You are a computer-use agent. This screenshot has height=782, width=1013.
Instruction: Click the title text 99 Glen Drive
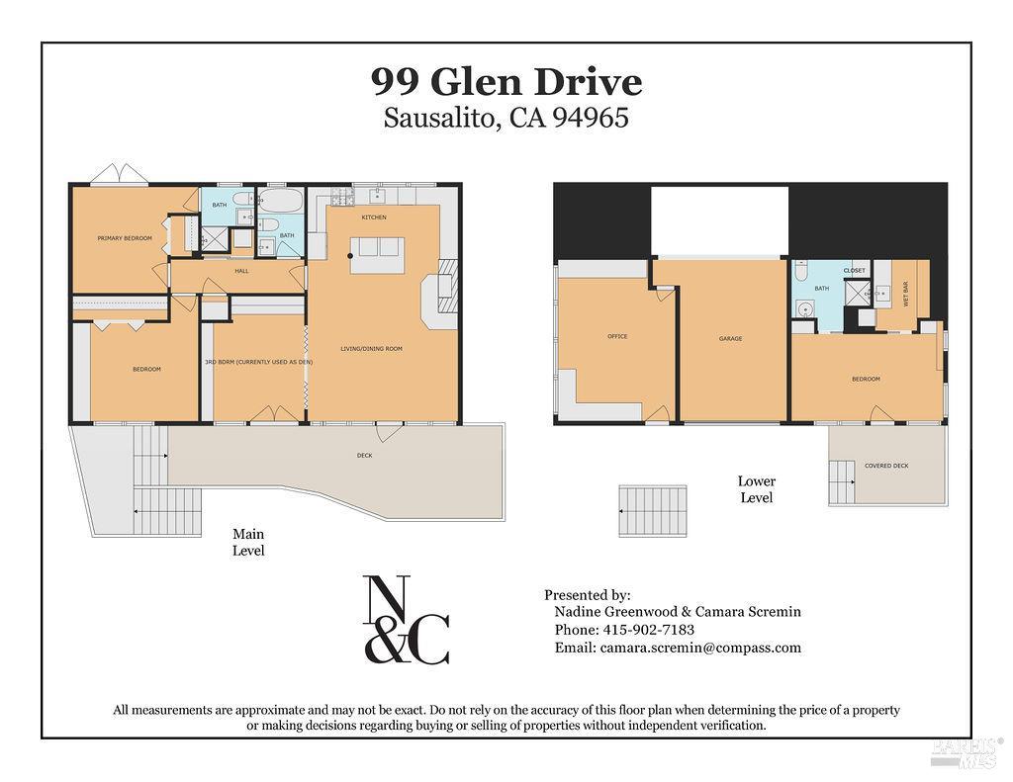click(x=506, y=81)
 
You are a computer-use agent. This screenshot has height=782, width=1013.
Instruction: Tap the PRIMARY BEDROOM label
click(x=125, y=238)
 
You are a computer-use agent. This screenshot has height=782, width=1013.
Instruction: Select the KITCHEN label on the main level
click(x=373, y=217)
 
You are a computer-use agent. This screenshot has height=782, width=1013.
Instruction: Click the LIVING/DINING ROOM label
click(x=371, y=349)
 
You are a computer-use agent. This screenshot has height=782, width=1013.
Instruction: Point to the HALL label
click(x=241, y=271)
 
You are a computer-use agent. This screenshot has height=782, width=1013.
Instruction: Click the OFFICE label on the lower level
click(x=616, y=337)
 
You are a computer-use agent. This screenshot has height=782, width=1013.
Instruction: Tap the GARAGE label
click(x=730, y=339)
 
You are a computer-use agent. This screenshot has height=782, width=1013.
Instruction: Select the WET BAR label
click(x=905, y=297)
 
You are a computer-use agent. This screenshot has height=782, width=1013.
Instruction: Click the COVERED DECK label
click(x=886, y=466)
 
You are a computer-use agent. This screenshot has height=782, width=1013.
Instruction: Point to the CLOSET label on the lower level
click(x=854, y=271)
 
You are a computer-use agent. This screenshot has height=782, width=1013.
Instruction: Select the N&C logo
click(x=406, y=620)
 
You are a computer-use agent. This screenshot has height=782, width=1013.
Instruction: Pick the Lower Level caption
click(x=756, y=489)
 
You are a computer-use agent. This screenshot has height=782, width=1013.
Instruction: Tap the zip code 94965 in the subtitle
click(x=591, y=119)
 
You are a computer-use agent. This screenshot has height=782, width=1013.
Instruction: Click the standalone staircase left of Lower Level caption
click(x=652, y=510)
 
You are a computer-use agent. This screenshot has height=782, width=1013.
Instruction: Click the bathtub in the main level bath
click(x=285, y=203)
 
